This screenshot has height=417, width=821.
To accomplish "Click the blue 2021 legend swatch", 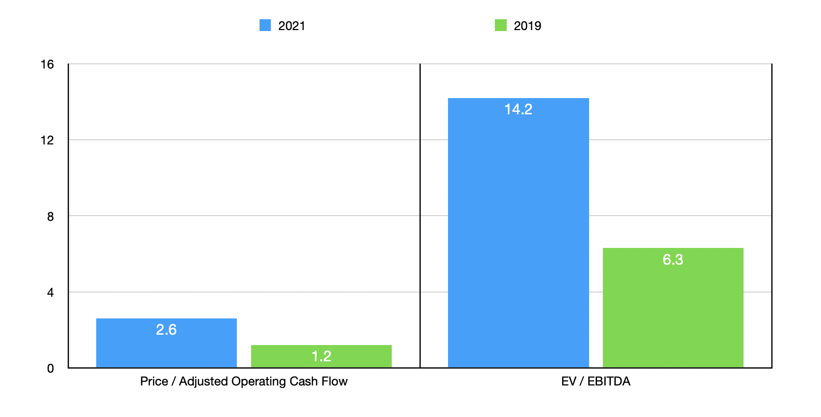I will point(265,25).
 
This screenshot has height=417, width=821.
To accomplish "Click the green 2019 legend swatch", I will point(500,25).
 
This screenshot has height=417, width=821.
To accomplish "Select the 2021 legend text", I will point(292,26).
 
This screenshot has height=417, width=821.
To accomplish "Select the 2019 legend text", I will point(527,26).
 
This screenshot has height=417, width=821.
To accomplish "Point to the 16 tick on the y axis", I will point(47,65).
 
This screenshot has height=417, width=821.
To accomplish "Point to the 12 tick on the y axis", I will point(47,140).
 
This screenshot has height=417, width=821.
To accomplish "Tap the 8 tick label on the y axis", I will point(50,216).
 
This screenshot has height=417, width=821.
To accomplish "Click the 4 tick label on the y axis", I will point(50,293).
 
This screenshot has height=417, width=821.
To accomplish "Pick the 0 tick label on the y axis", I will point(50,369).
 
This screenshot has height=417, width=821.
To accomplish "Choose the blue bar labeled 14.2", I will point(518,237).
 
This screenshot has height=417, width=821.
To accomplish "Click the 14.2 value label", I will point(518,109).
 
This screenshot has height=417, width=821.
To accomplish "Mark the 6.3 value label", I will point(673,260).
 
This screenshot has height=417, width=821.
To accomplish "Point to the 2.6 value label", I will point(166,330).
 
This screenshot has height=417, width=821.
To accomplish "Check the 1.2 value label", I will point(321,356).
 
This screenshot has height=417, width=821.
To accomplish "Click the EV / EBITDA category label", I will point(596,382).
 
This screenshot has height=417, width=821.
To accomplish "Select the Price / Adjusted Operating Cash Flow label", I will point(244,382).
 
